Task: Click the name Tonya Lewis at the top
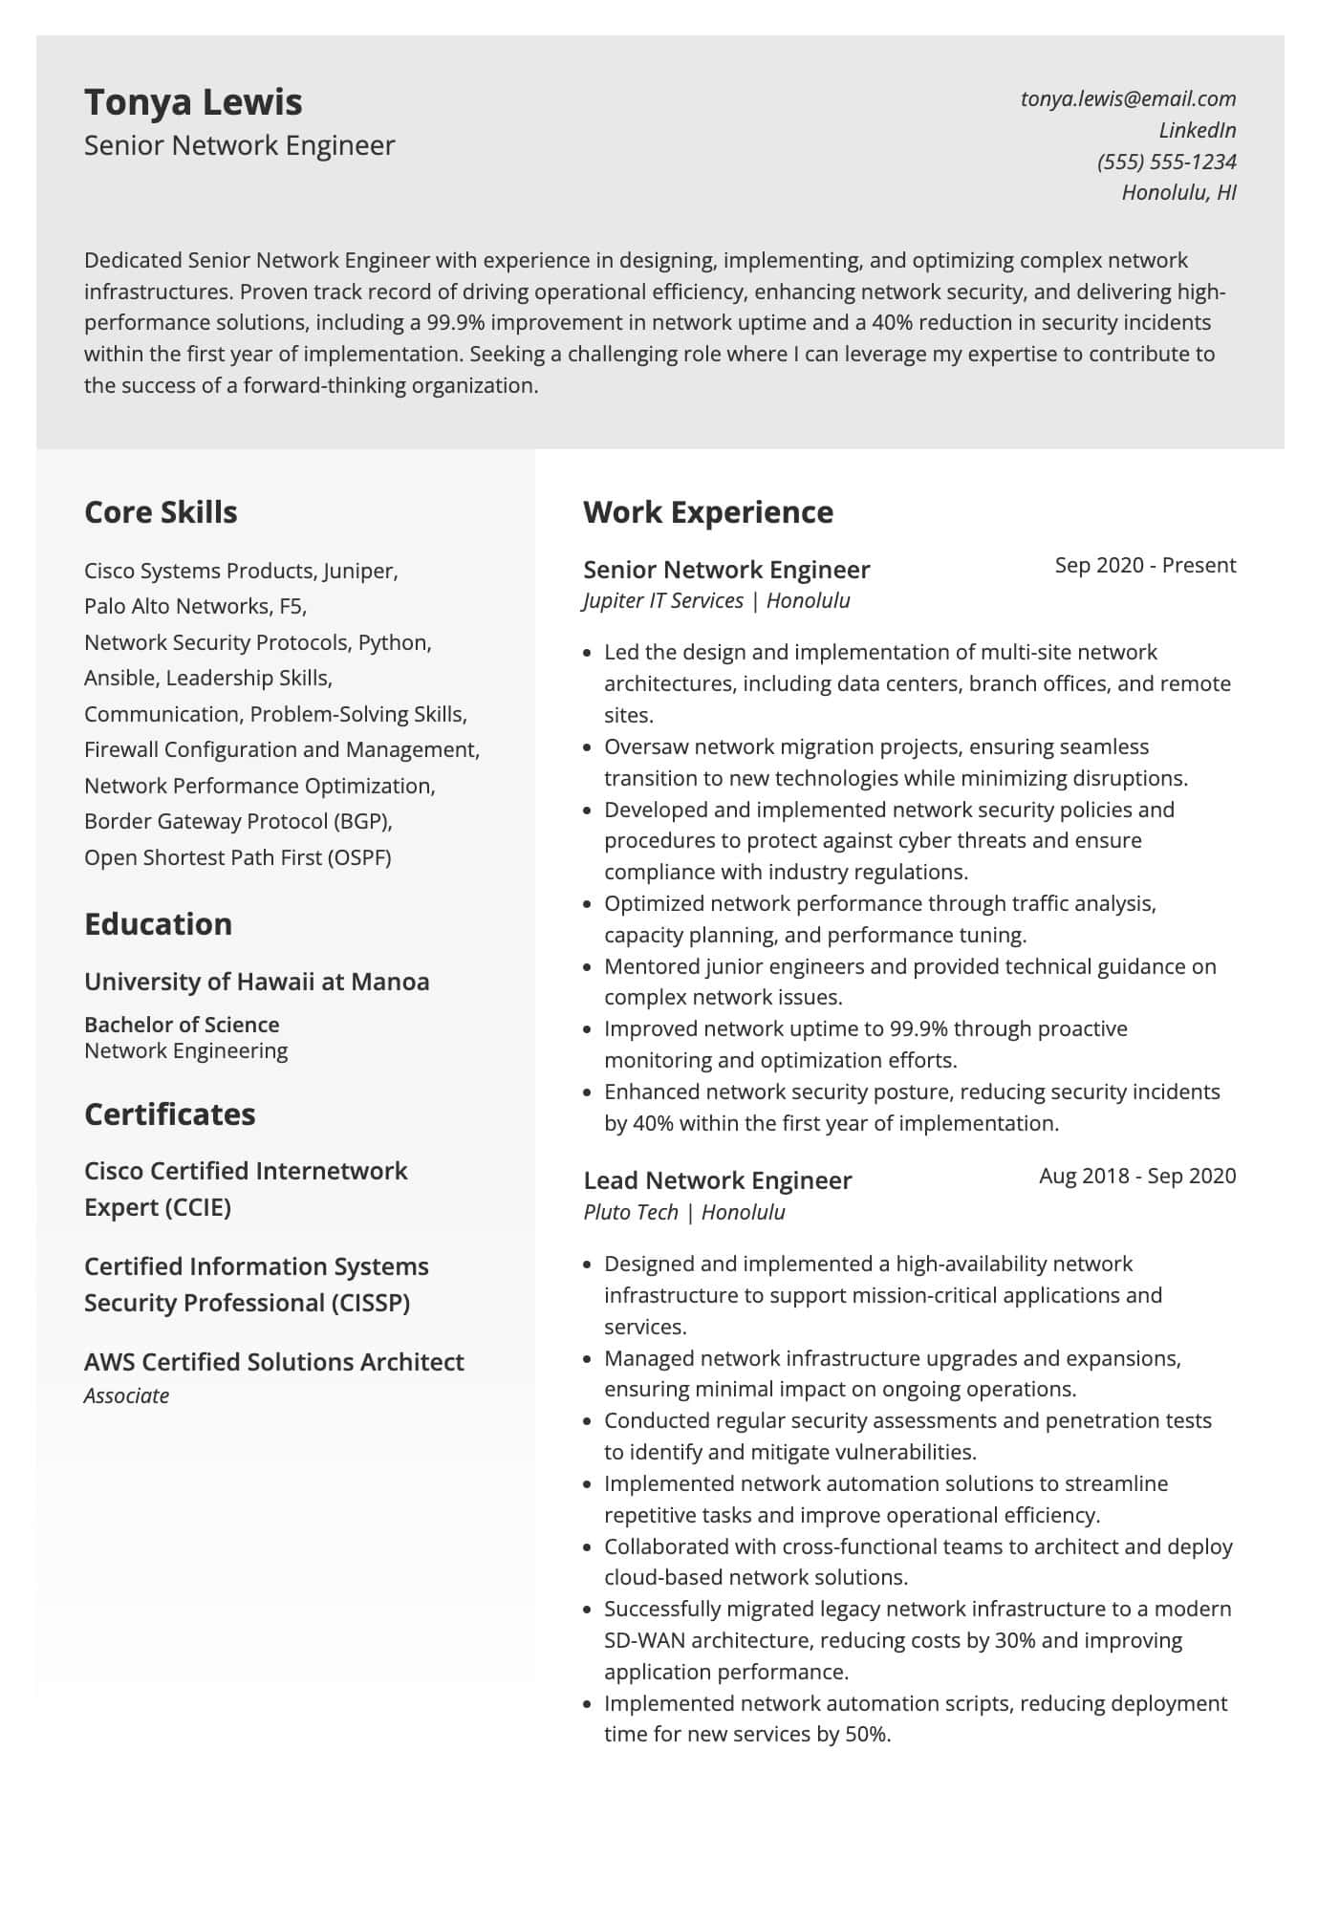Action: click(x=193, y=102)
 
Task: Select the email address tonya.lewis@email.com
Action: click(x=1128, y=98)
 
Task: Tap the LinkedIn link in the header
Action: click(x=1197, y=130)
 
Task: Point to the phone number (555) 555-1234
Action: click(x=1166, y=162)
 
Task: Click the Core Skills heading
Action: click(x=161, y=512)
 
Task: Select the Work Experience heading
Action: click(x=707, y=512)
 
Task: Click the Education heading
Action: click(x=158, y=924)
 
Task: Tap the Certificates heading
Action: click(x=169, y=1114)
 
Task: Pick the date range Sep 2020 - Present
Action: click(x=1145, y=565)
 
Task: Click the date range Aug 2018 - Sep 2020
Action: click(x=1137, y=1176)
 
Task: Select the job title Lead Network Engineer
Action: click(x=717, y=1180)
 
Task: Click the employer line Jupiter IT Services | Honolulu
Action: click(x=716, y=601)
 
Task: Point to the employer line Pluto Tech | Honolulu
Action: click(x=683, y=1212)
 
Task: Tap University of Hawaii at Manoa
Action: click(x=256, y=982)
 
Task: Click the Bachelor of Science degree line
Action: click(x=182, y=1025)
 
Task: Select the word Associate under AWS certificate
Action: click(x=126, y=1395)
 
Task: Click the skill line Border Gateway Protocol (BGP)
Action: click(x=238, y=821)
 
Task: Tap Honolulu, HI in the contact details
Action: click(x=1178, y=192)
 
